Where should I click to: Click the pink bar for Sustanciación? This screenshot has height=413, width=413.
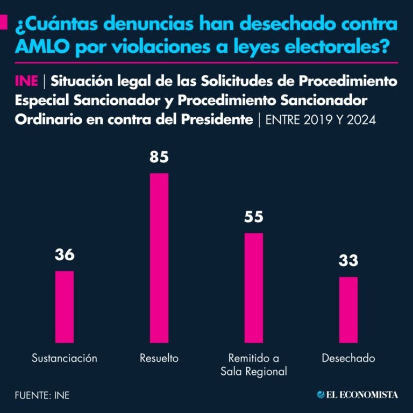(65, 307)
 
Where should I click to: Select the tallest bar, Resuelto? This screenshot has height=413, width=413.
(159, 258)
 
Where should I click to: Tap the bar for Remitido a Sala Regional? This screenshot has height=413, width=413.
(254, 288)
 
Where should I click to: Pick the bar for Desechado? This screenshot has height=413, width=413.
(348, 310)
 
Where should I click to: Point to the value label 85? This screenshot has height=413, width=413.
(159, 157)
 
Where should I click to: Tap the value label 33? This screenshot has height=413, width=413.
(348, 261)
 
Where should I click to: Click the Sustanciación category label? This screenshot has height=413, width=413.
(65, 358)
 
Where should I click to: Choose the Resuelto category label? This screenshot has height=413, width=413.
(159, 358)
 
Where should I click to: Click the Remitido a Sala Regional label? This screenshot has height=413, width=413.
(254, 365)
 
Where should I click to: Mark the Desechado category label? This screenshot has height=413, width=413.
(348, 358)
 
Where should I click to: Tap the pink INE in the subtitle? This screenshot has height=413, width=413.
(26, 81)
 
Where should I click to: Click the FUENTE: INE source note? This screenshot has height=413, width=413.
(42, 395)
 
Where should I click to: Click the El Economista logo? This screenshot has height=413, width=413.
(358, 395)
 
